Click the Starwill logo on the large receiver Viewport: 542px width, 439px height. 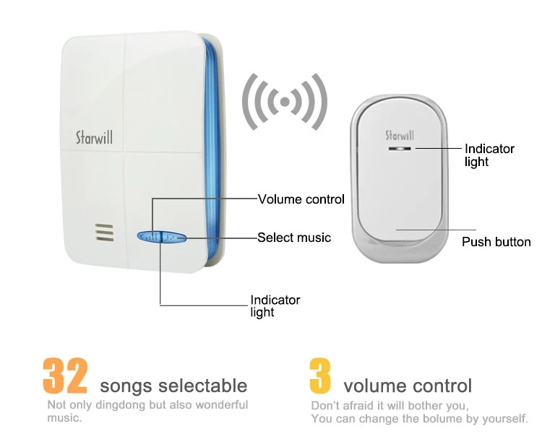click(x=94, y=136)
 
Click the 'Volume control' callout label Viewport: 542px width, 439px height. click(x=301, y=199)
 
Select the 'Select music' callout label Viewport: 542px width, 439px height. click(x=294, y=237)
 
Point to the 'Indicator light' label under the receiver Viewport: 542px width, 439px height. click(x=275, y=306)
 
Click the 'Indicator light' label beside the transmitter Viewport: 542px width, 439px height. click(x=489, y=155)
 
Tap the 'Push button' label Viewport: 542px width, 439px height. click(x=496, y=242)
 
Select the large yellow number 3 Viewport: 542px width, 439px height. click(x=320, y=376)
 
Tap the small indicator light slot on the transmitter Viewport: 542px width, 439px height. click(x=399, y=148)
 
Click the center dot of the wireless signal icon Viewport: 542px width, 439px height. click(x=284, y=103)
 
